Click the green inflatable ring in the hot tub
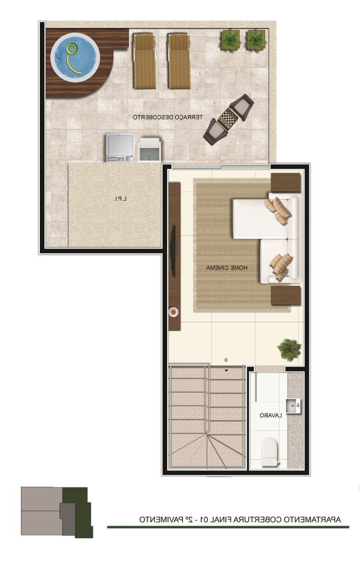click(x=72, y=48)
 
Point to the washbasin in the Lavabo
click(x=293, y=406)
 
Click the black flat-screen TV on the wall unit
click(x=173, y=251)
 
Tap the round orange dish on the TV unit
click(x=173, y=312)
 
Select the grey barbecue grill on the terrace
click(x=120, y=147)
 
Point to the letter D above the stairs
click(x=226, y=360)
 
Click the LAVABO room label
click(x=271, y=415)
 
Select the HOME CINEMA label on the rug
click(x=227, y=268)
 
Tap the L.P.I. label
click(x=120, y=199)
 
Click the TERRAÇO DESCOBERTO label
click(x=167, y=117)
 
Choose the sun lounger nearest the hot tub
click(x=144, y=61)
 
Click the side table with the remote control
click(x=286, y=183)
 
